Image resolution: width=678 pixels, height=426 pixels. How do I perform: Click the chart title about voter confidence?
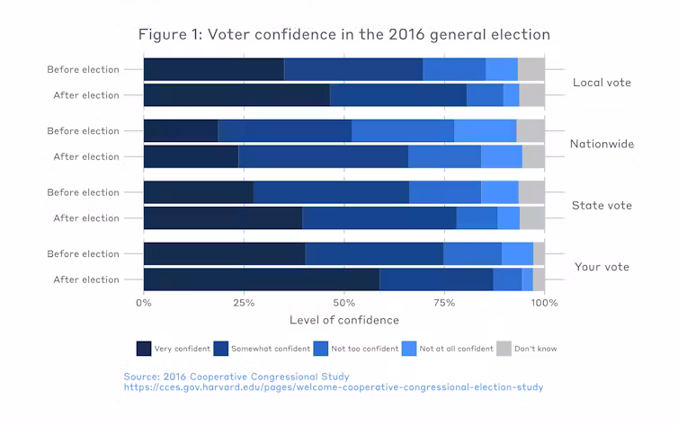343,35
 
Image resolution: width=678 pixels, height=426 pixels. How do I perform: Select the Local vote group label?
602,83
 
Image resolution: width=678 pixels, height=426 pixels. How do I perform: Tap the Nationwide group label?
602,144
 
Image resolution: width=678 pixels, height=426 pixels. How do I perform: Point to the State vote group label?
602,206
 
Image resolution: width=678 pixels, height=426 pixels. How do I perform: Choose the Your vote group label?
602,267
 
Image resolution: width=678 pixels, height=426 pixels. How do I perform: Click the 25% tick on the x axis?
243,303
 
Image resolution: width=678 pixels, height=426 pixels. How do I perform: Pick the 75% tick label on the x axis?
443,303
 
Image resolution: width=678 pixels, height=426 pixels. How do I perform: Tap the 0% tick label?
144,303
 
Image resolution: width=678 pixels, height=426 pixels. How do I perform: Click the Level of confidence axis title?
343,320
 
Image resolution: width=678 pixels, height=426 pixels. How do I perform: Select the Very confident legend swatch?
144,349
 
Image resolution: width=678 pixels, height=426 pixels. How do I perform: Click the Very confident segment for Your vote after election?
261,280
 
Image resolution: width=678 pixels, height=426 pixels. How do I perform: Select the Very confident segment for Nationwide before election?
180,131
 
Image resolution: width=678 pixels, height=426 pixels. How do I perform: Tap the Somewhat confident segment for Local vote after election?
397,95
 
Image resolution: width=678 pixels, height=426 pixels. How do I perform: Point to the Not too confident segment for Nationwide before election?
402,131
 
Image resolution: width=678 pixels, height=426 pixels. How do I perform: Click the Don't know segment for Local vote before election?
531,69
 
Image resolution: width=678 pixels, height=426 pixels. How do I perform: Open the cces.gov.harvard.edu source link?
333,387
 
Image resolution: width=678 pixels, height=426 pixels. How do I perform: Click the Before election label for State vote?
83,192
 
